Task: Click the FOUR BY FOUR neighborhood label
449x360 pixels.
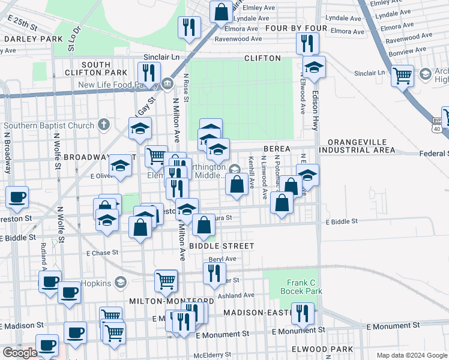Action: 296,28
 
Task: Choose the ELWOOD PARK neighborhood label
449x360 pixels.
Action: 417,349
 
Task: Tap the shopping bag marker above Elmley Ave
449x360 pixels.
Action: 221,11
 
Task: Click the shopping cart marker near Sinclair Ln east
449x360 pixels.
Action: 402,76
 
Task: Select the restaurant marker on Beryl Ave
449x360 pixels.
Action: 214,273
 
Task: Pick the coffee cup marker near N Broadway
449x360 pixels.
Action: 17,196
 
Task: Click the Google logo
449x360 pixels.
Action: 20,353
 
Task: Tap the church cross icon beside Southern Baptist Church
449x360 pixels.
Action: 104,125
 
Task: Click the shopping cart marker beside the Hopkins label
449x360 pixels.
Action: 166,280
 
